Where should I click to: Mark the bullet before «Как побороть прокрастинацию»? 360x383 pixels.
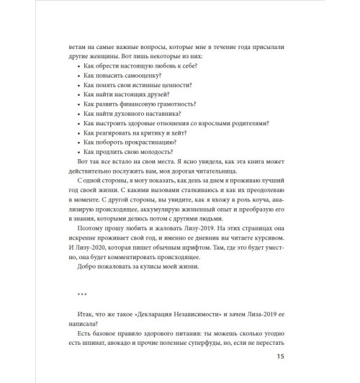tap(76, 143)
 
